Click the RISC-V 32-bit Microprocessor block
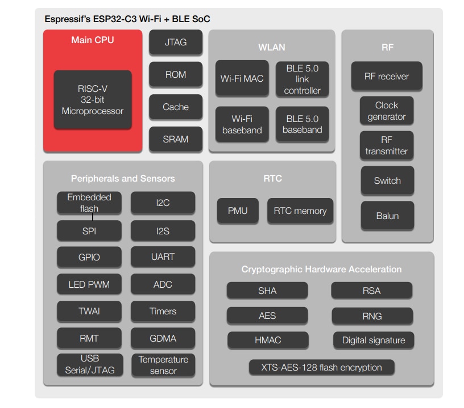[x=93, y=100]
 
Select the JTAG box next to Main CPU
[x=175, y=42]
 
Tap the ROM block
[x=175, y=74]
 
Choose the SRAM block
[x=175, y=139]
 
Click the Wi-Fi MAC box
[x=242, y=78]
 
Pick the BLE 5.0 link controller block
[x=302, y=79]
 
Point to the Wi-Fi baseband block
[x=242, y=124]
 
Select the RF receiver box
[x=387, y=76]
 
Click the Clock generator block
[x=387, y=111]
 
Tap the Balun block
[x=387, y=216]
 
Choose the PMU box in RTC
[x=238, y=211]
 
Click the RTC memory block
[x=300, y=211]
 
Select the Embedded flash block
[x=89, y=203]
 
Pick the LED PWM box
[x=89, y=284]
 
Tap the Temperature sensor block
[x=163, y=365]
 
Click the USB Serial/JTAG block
[x=89, y=365]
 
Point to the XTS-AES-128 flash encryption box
[x=321, y=367]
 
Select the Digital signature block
[x=374, y=340]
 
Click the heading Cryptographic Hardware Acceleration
[x=321, y=270]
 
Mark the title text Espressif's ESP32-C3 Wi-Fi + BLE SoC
[x=127, y=19]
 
